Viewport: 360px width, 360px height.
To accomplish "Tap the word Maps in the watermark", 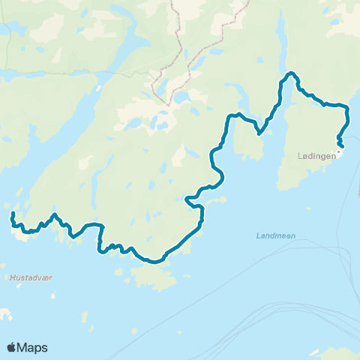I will (34, 347).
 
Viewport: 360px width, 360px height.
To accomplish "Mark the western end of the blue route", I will (12, 214).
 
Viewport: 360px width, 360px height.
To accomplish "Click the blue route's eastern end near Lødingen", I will (343, 145).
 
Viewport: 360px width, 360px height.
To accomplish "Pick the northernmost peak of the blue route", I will (290, 73).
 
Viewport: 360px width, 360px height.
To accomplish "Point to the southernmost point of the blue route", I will (153, 262).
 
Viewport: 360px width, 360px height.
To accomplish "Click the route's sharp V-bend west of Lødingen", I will (259, 133).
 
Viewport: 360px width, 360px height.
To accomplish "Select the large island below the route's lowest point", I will (154, 277).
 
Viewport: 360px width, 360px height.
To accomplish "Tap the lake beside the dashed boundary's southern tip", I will (181, 99).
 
